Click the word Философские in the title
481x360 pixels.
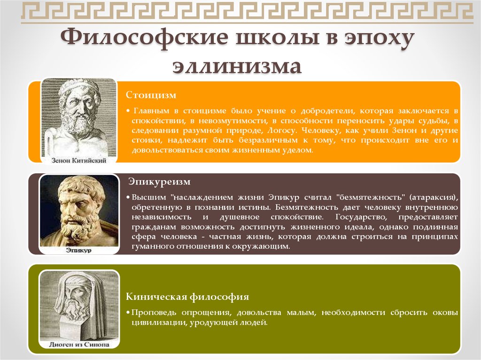tap(145, 38)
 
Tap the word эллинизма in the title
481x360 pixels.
tap(237, 67)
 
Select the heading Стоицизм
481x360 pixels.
tap(151, 95)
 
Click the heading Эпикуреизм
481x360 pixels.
tap(160, 182)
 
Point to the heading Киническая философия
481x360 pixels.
tap(187, 297)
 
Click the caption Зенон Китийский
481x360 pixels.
tap(79, 160)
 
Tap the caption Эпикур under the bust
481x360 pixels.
tap(79, 250)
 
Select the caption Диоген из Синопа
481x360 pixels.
tap(79, 345)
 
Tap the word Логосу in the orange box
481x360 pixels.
tap(282, 130)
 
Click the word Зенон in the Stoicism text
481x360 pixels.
tap(404, 130)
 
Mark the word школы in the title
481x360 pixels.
tap(278, 38)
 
